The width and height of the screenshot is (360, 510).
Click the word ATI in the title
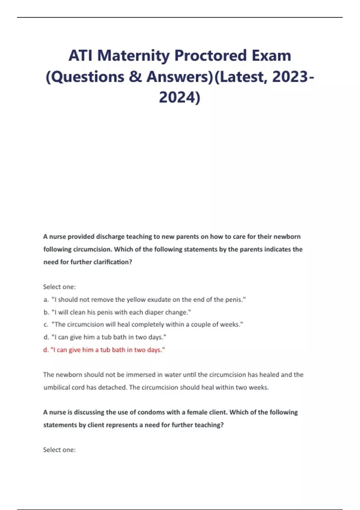[80, 55]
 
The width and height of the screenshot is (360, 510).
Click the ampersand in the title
[135, 77]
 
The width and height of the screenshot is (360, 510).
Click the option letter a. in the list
[46, 300]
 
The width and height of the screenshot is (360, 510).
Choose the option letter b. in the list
[46, 312]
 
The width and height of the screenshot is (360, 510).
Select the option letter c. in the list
[46, 325]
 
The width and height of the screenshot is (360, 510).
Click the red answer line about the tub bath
[104, 350]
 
